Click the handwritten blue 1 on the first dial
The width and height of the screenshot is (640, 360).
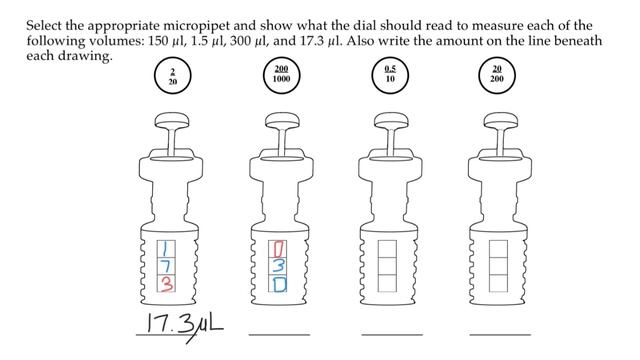[x=166, y=249]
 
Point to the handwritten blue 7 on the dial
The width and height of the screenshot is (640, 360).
[x=166, y=266]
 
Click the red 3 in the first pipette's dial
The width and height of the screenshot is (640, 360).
[x=166, y=284]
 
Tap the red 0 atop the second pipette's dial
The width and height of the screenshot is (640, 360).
[x=278, y=249]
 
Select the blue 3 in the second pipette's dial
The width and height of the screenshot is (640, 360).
[x=278, y=266]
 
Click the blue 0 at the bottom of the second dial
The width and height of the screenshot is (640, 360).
[x=279, y=284]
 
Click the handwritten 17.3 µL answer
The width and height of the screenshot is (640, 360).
[x=185, y=325]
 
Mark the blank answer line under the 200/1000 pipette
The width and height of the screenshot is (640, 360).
[x=279, y=335]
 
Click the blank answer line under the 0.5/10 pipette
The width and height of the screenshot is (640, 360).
[x=392, y=335]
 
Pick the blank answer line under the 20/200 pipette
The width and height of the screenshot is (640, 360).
[x=500, y=335]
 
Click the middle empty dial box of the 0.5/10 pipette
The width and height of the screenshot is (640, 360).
[x=387, y=266]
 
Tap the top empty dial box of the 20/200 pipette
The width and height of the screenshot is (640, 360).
[x=498, y=249]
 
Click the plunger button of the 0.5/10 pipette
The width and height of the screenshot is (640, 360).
[x=391, y=120]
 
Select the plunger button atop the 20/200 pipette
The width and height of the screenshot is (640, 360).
[x=501, y=120]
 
